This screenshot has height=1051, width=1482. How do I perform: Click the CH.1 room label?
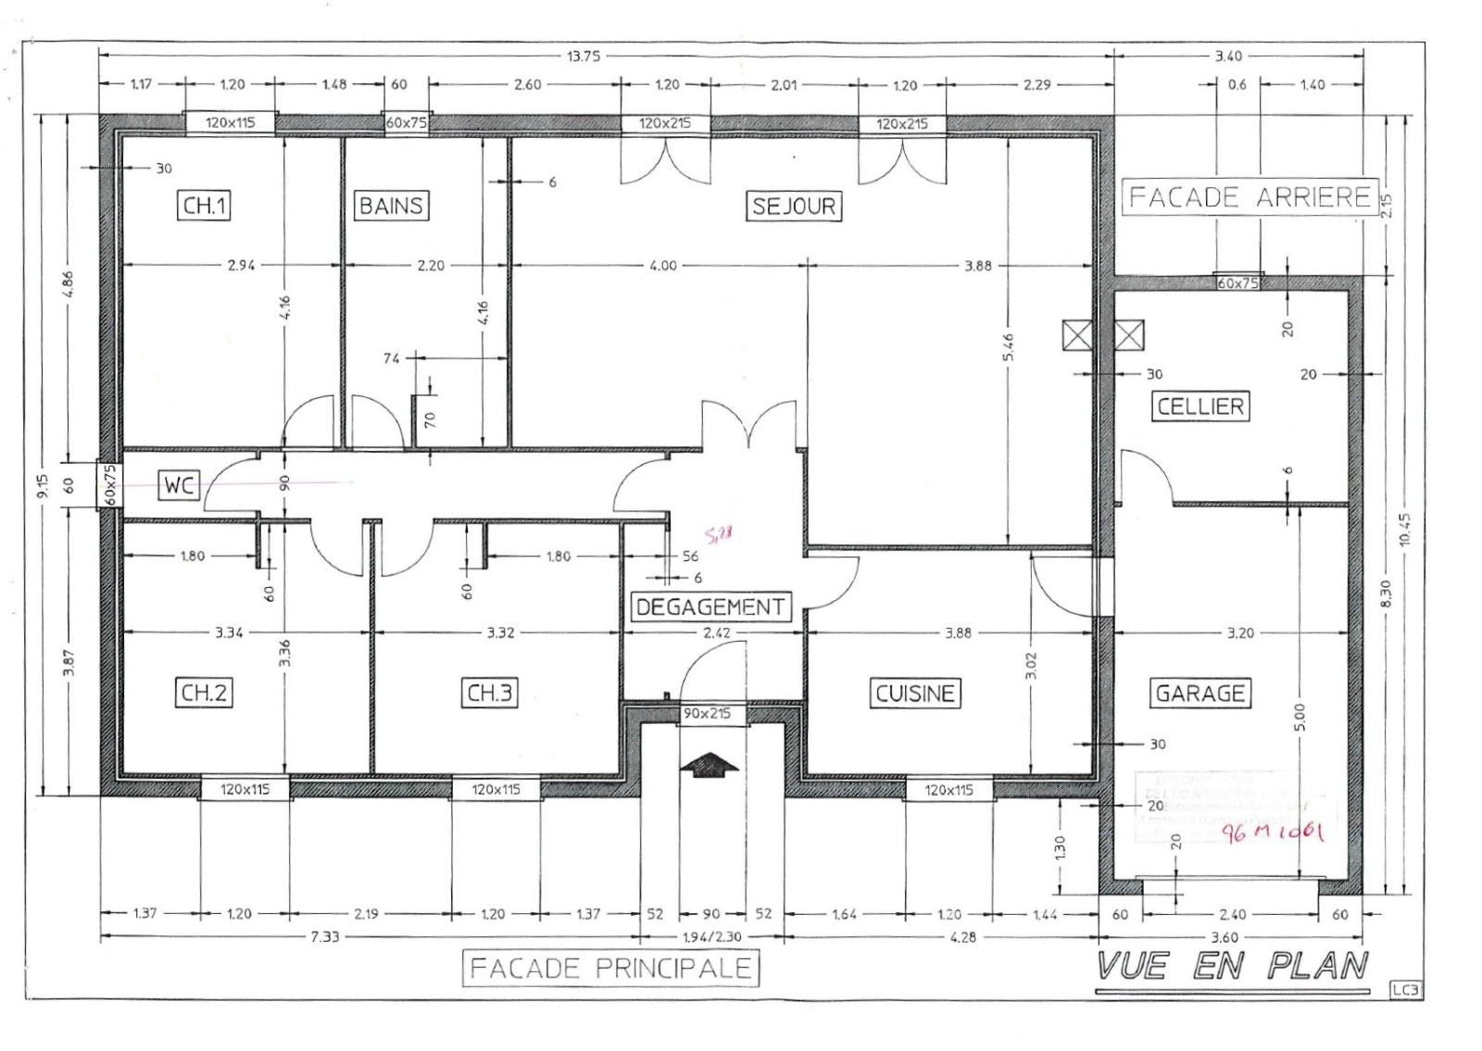click(204, 206)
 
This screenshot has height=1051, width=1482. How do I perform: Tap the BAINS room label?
click(391, 206)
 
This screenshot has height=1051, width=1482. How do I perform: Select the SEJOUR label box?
click(794, 206)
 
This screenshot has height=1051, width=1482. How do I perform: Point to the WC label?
click(180, 484)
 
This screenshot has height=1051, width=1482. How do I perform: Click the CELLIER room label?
click(1200, 406)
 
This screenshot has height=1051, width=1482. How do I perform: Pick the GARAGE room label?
click(1200, 693)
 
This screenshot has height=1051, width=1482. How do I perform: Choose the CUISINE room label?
click(914, 693)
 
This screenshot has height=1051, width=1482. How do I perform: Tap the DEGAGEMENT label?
click(710, 607)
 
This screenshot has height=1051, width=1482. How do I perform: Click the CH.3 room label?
click(489, 693)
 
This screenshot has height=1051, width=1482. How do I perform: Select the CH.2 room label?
click(204, 693)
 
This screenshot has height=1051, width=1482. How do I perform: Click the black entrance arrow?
click(709, 763)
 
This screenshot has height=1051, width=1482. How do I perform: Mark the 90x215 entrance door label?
click(708, 714)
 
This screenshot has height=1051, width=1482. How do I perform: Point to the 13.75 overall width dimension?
click(583, 56)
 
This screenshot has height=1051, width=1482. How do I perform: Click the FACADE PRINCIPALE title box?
click(610, 969)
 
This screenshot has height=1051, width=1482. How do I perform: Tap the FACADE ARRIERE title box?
click(1250, 197)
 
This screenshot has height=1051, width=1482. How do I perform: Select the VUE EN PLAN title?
click(1233, 967)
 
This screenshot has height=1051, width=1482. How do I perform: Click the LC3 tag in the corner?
click(1404, 991)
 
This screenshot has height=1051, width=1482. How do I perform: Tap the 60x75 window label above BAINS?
click(407, 123)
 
